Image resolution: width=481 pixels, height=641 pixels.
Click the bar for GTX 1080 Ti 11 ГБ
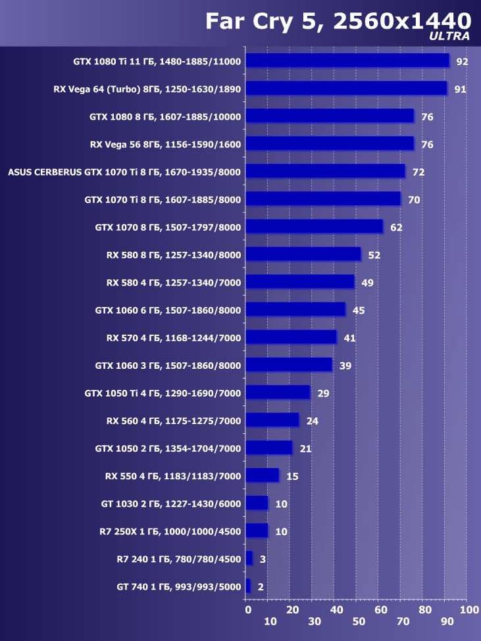(347, 61)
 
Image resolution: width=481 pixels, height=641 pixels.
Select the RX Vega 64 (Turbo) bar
(345, 89)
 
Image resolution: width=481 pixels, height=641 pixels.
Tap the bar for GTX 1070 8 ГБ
(314, 227)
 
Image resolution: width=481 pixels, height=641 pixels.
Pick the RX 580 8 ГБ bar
(303, 254)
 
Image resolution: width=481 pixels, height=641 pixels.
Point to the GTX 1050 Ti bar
(277, 392)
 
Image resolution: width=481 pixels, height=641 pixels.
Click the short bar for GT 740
(248, 586)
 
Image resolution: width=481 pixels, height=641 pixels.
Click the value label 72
(418, 172)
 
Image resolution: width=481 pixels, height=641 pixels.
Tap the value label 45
(358, 310)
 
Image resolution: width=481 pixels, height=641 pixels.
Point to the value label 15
(292, 476)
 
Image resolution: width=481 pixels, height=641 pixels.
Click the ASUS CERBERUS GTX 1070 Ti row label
(124, 172)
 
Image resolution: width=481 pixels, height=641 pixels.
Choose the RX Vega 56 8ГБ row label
(165, 145)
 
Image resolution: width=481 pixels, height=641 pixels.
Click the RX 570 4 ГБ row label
(174, 338)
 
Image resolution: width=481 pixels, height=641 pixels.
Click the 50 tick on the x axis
(358, 622)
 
